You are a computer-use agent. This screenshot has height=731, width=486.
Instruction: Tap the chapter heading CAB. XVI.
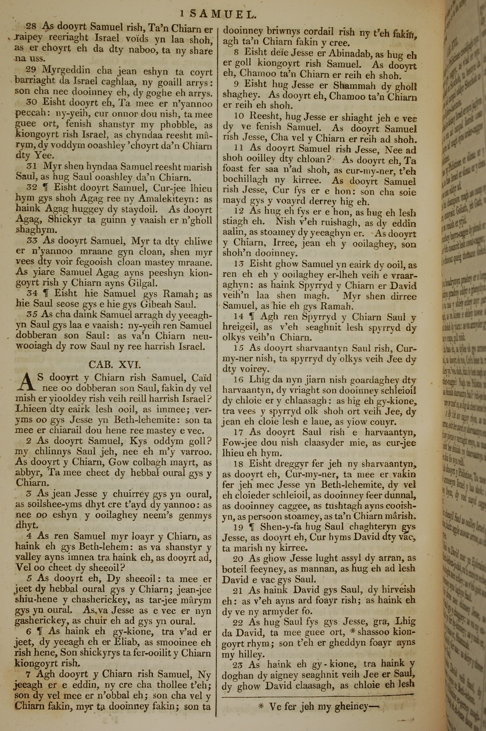coord(114,365)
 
